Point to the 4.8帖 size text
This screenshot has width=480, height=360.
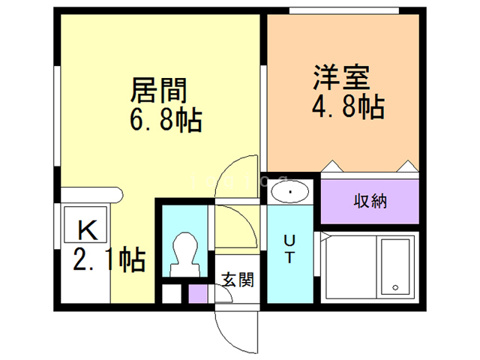pos(347,106)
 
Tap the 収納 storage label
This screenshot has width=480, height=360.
pos(370,201)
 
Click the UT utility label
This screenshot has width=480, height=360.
pos(289,248)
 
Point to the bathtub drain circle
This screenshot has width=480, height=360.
pos(394,287)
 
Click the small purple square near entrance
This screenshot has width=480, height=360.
pos(198,292)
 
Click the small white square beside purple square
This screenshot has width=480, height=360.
pos(172,292)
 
